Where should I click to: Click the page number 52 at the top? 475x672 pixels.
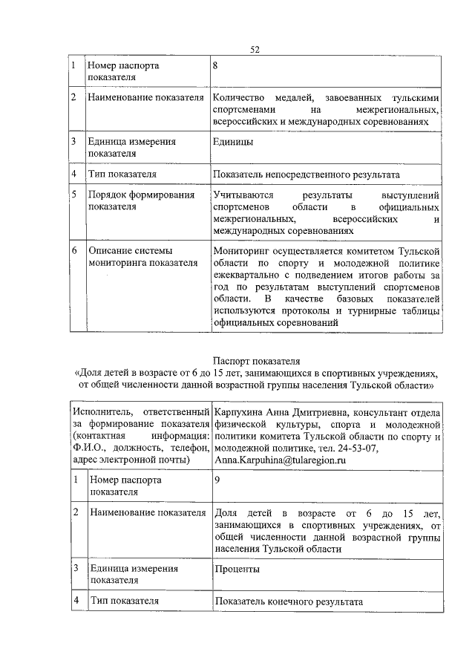click(x=254, y=49)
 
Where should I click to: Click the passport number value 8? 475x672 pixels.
click(x=215, y=65)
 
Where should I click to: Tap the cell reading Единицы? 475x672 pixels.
click(x=233, y=141)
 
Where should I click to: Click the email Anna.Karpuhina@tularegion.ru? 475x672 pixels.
click(x=280, y=460)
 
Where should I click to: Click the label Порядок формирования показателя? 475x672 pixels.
click(x=141, y=201)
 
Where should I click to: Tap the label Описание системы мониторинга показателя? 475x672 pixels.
click(x=141, y=256)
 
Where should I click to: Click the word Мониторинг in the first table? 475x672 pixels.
click(x=243, y=251)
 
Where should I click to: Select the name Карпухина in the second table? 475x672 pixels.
click(x=239, y=411)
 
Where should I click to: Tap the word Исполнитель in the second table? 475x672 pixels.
click(x=100, y=411)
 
